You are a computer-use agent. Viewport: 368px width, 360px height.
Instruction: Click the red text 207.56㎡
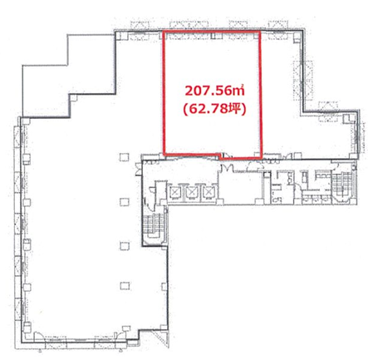(x=214, y=91)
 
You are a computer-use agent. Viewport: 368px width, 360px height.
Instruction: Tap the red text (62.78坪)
(x=214, y=110)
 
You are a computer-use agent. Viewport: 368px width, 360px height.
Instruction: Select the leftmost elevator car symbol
(x=174, y=192)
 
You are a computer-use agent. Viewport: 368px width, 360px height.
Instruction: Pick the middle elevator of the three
(x=191, y=192)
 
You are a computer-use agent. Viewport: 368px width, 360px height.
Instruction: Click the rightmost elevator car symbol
(x=208, y=192)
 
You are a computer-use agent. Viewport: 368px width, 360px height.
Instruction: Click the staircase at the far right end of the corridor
(x=342, y=185)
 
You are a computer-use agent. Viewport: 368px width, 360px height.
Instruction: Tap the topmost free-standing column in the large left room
(x=125, y=157)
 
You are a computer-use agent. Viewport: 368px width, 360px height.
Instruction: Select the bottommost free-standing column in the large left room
(x=125, y=285)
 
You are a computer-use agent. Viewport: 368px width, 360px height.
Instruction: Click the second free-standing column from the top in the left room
(x=125, y=202)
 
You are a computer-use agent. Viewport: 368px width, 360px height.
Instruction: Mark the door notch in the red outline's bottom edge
(x=225, y=156)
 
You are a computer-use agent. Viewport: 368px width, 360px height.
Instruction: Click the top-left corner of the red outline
(x=163, y=31)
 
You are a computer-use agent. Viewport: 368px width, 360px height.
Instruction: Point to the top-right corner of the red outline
(x=260, y=31)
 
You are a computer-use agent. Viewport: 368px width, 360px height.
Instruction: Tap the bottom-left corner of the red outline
(x=164, y=153)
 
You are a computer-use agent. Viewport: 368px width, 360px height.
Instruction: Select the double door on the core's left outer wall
(x=138, y=170)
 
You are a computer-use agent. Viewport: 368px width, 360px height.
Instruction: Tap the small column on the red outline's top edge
(x=213, y=36)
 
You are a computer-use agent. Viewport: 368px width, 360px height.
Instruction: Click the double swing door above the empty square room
(x=228, y=167)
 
